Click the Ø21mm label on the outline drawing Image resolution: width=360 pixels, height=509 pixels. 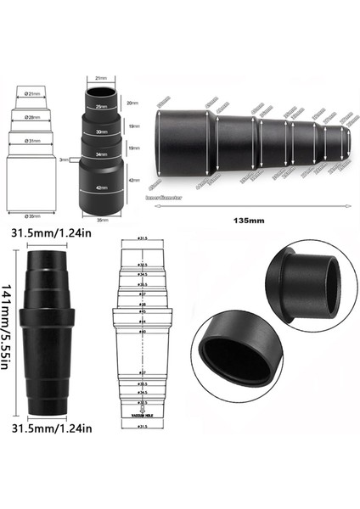click(x=35, y=93)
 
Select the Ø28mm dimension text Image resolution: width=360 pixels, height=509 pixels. click(x=35, y=117)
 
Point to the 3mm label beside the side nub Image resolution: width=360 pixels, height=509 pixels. click(x=65, y=159)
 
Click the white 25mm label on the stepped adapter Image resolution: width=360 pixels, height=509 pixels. click(x=101, y=107)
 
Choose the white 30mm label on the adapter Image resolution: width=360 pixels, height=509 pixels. click(x=101, y=132)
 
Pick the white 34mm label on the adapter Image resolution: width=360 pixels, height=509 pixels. click(x=101, y=154)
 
